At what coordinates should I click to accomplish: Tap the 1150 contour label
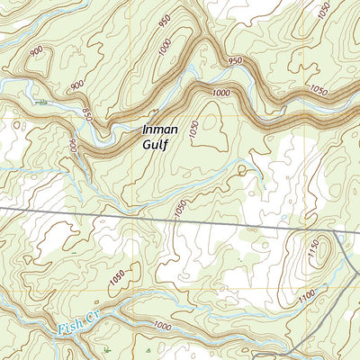click(x=314, y=255)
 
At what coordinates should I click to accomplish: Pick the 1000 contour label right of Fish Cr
click(x=162, y=325)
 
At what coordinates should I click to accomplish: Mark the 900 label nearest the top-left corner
click(x=35, y=52)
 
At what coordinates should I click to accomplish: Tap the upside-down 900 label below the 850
click(x=72, y=143)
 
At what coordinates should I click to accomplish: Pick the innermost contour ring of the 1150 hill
click(x=302, y=253)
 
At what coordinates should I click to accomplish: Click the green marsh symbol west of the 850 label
click(x=40, y=103)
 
